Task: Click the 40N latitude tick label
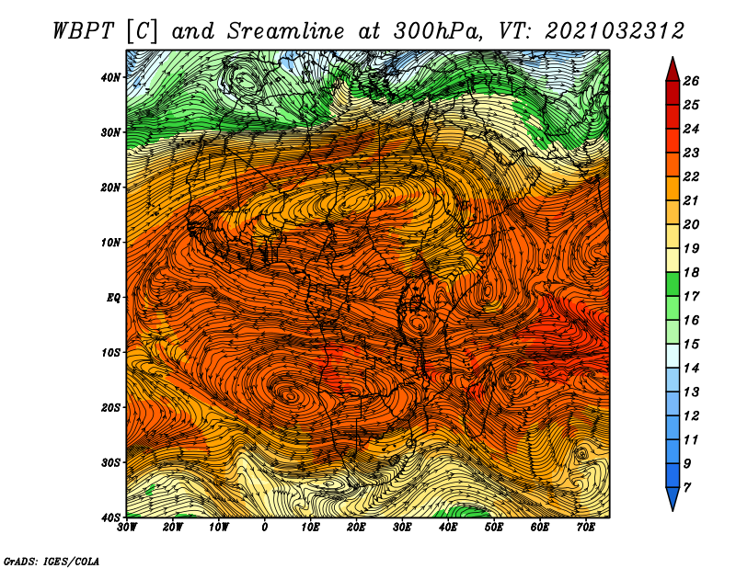point(110,77)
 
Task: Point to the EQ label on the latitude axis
point(114,298)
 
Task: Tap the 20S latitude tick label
point(110,407)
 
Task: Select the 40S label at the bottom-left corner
point(110,517)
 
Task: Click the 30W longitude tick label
point(127,528)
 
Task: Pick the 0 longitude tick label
point(265,528)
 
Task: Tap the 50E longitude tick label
point(494,528)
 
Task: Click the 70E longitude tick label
point(586,528)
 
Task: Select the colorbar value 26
point(691,81)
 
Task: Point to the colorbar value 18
point(691,272)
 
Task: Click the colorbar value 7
point(687,488)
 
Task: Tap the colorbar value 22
point(691,176)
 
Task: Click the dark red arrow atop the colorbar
point(673,70)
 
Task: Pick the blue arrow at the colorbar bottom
point(673,499)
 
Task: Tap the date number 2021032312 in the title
point(615,31)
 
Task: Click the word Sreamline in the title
point(285,31)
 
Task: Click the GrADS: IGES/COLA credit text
point(52,561)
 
